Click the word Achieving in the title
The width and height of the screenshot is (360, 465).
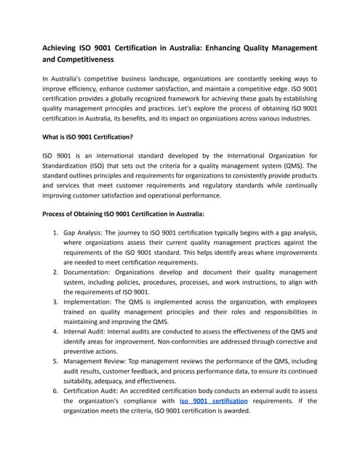click(x=66, y=48)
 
